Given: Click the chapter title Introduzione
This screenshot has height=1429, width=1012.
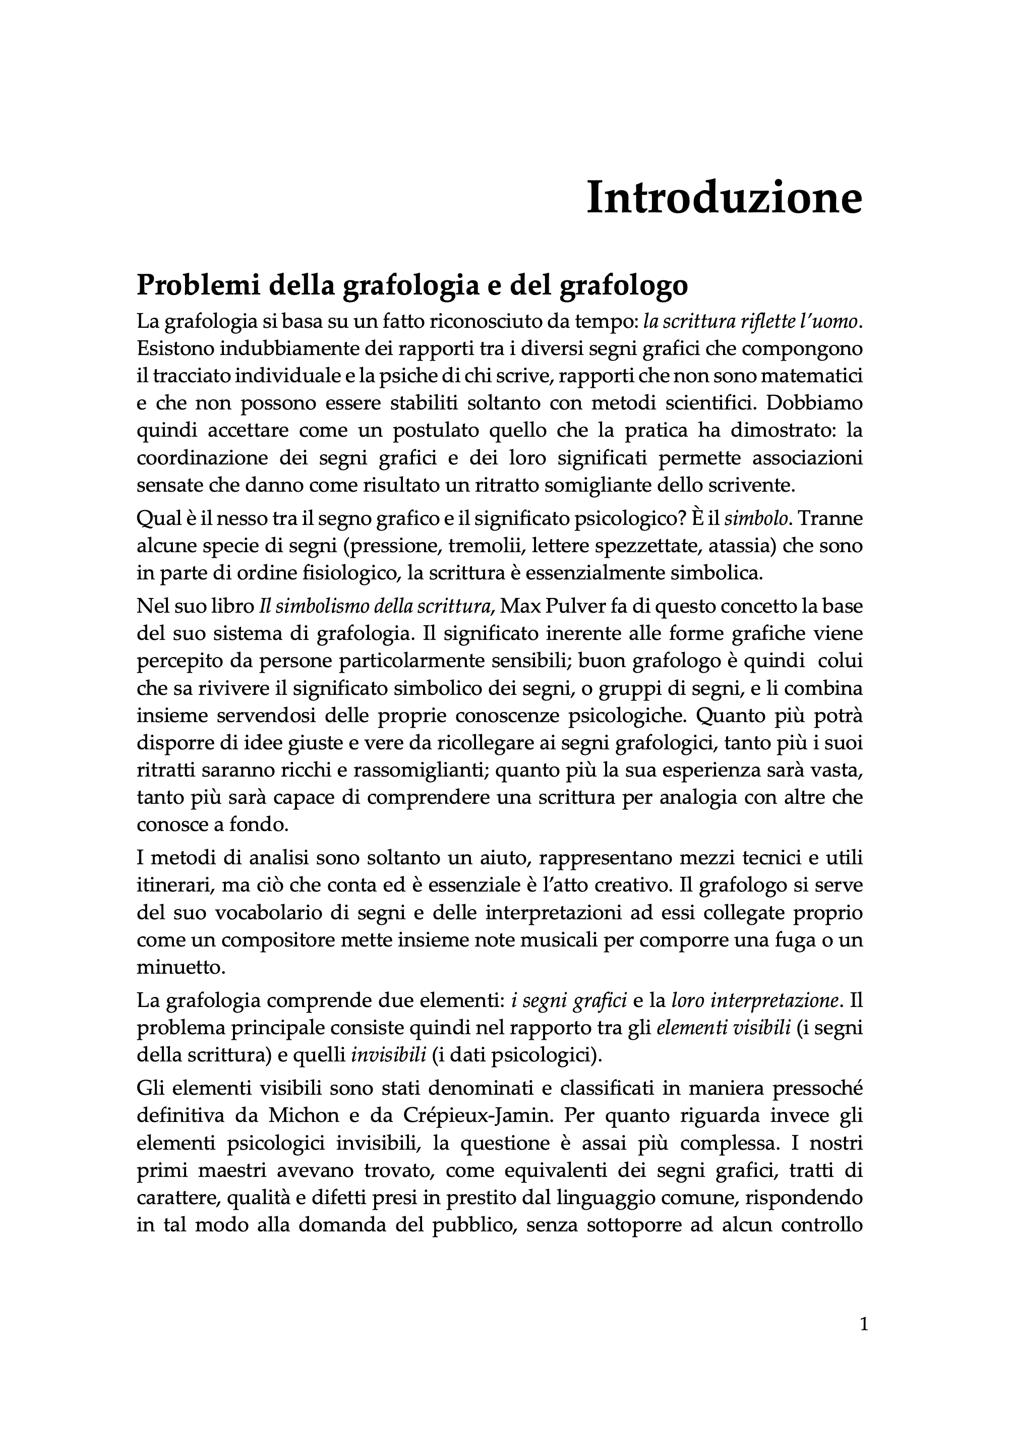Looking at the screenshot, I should (724, 198).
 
